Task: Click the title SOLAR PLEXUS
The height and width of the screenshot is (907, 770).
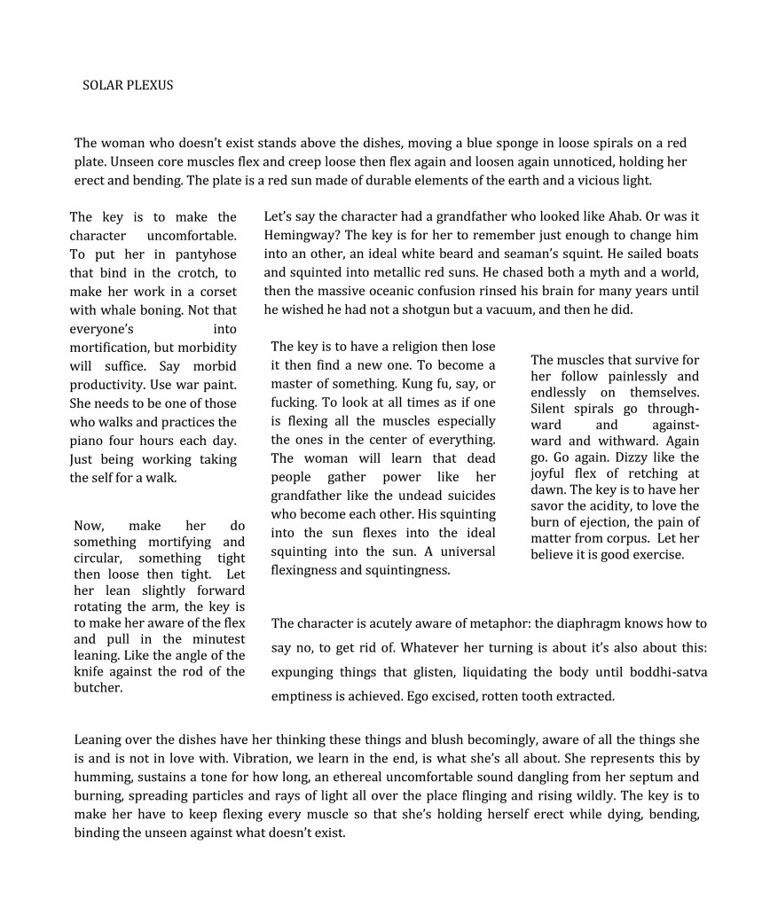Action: pyautogui.click(x=128, y=86)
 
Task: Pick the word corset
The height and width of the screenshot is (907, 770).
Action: pyautogui.click(x=218, y=292)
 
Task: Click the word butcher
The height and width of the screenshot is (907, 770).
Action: pyautogui.click(x=98, y=687)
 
